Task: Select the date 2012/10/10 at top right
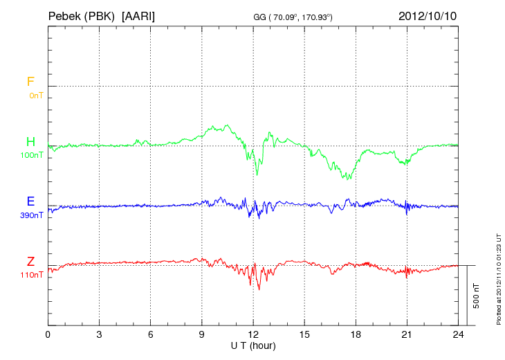coord(427,15)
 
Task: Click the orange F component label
coord(30,82)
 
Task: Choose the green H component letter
coord(30,142)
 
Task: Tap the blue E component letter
coord(30,201)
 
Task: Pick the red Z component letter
coord(30,261)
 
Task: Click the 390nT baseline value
coord(32,215)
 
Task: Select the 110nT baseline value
coord(32,275)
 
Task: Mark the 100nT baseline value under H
coord(32,156)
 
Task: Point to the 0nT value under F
coord(35,96)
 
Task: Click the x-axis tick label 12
coord(253,334)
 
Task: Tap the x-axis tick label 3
coord(99,334)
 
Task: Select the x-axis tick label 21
coord(407,334)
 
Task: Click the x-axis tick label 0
coord(48,334)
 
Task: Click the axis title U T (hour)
coord(253,345)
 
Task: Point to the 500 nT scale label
coord(476,296)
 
